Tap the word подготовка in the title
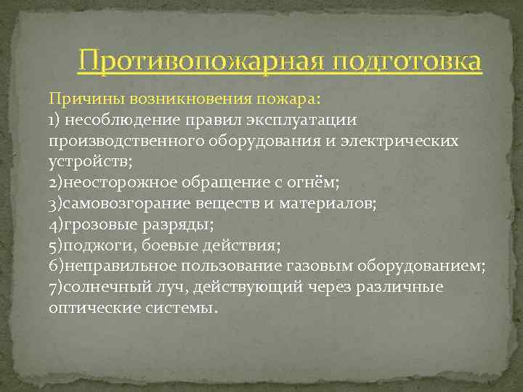(x=407, y=61)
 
